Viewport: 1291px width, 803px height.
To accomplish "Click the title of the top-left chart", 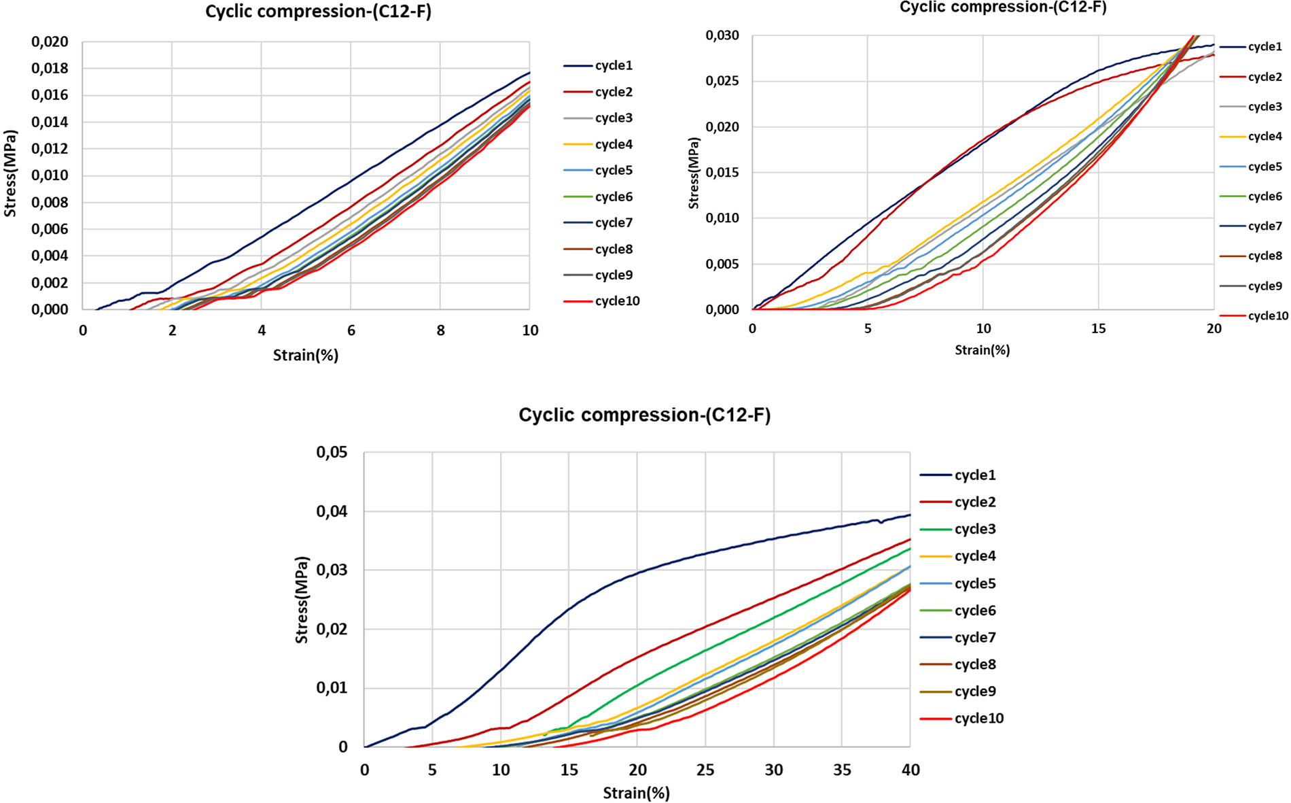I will pyautogui.click(x=318, y=12).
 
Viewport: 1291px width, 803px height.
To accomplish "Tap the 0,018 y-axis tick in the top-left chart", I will pyautogui.click(x=50, y=68).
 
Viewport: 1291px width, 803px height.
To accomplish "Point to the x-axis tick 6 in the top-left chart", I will pyautogui.click(x=351, y=330).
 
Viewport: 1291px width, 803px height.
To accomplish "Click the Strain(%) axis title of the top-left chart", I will pyautogui.click(x=305, y=355).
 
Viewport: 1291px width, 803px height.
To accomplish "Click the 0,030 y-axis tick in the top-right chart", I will pyautogui.click(x=722, y=35).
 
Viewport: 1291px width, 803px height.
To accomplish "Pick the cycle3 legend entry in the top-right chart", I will pyautogui.click(x=1265, y=107).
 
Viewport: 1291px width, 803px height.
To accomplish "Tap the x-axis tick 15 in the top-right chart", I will pyautogui.click(x=1098, y=328).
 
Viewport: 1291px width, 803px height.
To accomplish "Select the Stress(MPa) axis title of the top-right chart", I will pyautogui.click(x=694, y=173).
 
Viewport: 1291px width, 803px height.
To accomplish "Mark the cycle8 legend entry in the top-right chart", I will pyautogui.click(x=1265, y=256).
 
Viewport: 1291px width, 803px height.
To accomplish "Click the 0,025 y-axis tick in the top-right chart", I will pyautogui.click(x=722, y=81).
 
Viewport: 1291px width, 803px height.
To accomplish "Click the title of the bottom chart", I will pyautogui.click(x=644, y=415).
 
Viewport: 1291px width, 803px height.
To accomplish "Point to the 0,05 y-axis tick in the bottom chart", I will pyautogui.click(x=332, y=453).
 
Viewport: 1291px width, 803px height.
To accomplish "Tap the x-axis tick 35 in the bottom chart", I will pyautogui.click(x=842, y=770).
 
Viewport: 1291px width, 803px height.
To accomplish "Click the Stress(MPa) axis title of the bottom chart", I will pyautogui.click(x=302, y=600).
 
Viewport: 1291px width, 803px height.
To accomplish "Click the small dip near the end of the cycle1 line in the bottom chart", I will pyautogui.click(x=881, y=522).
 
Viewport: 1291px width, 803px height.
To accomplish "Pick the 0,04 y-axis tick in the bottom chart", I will pyautogui.click(x=332, y=511).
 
